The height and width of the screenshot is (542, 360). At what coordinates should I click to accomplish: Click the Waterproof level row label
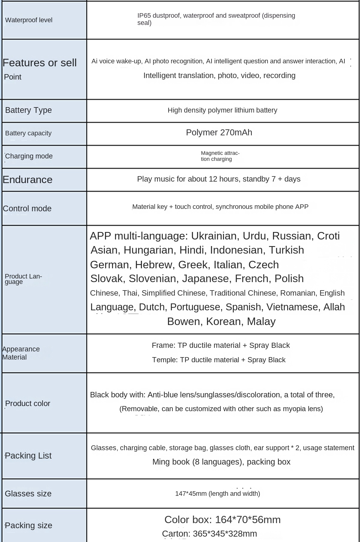click(x=29, y=20)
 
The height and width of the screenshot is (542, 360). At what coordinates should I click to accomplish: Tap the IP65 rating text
click(x=144, y=16)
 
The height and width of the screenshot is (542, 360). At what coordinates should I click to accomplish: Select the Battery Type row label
click(x=28, y=110)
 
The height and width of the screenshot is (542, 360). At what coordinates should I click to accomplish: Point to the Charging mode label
click(x=29, y=156)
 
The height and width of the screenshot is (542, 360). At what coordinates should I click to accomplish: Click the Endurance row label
click(x=28, y=179)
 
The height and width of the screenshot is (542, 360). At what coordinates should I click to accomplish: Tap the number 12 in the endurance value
click(x=213, y=179)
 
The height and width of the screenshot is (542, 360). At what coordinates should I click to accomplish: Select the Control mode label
click(x=27, y=209)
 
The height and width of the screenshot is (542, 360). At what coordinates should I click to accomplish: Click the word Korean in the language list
click(x=224, y=321)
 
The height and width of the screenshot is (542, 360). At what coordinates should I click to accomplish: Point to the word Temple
click(x=164, y=360)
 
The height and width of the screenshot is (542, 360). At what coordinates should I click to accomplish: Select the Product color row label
click(x=28, y=403)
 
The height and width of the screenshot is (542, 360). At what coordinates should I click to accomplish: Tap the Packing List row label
click(x=28, y=456)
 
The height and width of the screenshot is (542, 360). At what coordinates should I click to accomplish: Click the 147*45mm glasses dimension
click(x=191, y=494)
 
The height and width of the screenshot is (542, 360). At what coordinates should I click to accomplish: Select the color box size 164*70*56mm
click(x=248, y=519)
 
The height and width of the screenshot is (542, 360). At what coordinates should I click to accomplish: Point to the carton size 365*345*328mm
click(x=225, y=534)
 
